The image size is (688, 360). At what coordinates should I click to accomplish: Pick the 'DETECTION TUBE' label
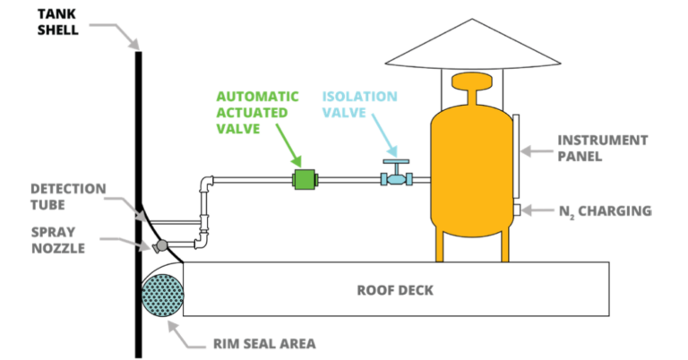tap(68, 196)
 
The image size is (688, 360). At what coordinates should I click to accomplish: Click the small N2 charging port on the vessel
tap(517, 210)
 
